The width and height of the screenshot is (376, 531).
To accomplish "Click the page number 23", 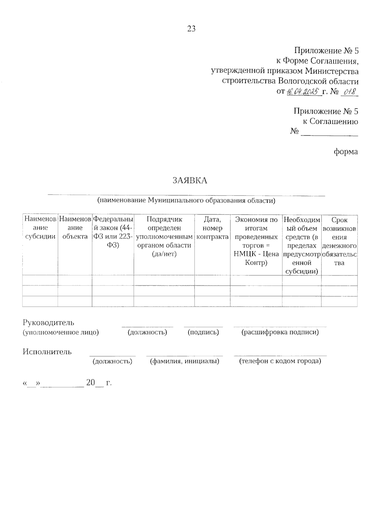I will point(191,29).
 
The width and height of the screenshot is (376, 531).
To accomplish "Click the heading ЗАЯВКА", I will point(190,181).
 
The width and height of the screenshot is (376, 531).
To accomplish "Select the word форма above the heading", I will point(346,152).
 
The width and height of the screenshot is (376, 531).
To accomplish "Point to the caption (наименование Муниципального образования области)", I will point(186,200).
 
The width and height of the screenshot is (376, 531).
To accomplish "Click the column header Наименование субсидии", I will point(40,228).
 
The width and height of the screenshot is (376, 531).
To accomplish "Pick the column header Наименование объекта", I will point(75,228).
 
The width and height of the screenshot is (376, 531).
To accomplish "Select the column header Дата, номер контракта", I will point(212,228).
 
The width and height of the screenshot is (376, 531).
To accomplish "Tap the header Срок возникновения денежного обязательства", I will point(339,241).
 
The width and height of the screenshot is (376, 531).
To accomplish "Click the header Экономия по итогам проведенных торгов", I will point(256,241).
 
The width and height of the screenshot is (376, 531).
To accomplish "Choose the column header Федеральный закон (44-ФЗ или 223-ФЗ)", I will point(113,232).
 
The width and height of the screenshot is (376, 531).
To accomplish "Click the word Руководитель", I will point(48,322).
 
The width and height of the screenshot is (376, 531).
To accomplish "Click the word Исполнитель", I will point(47,351).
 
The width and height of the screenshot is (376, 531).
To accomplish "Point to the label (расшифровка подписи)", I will point(280,332).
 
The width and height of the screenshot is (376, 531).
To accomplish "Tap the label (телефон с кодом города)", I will point(280,361).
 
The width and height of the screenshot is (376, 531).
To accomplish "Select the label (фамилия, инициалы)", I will point(185,361).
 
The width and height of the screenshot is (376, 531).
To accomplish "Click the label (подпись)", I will point(203,332).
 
